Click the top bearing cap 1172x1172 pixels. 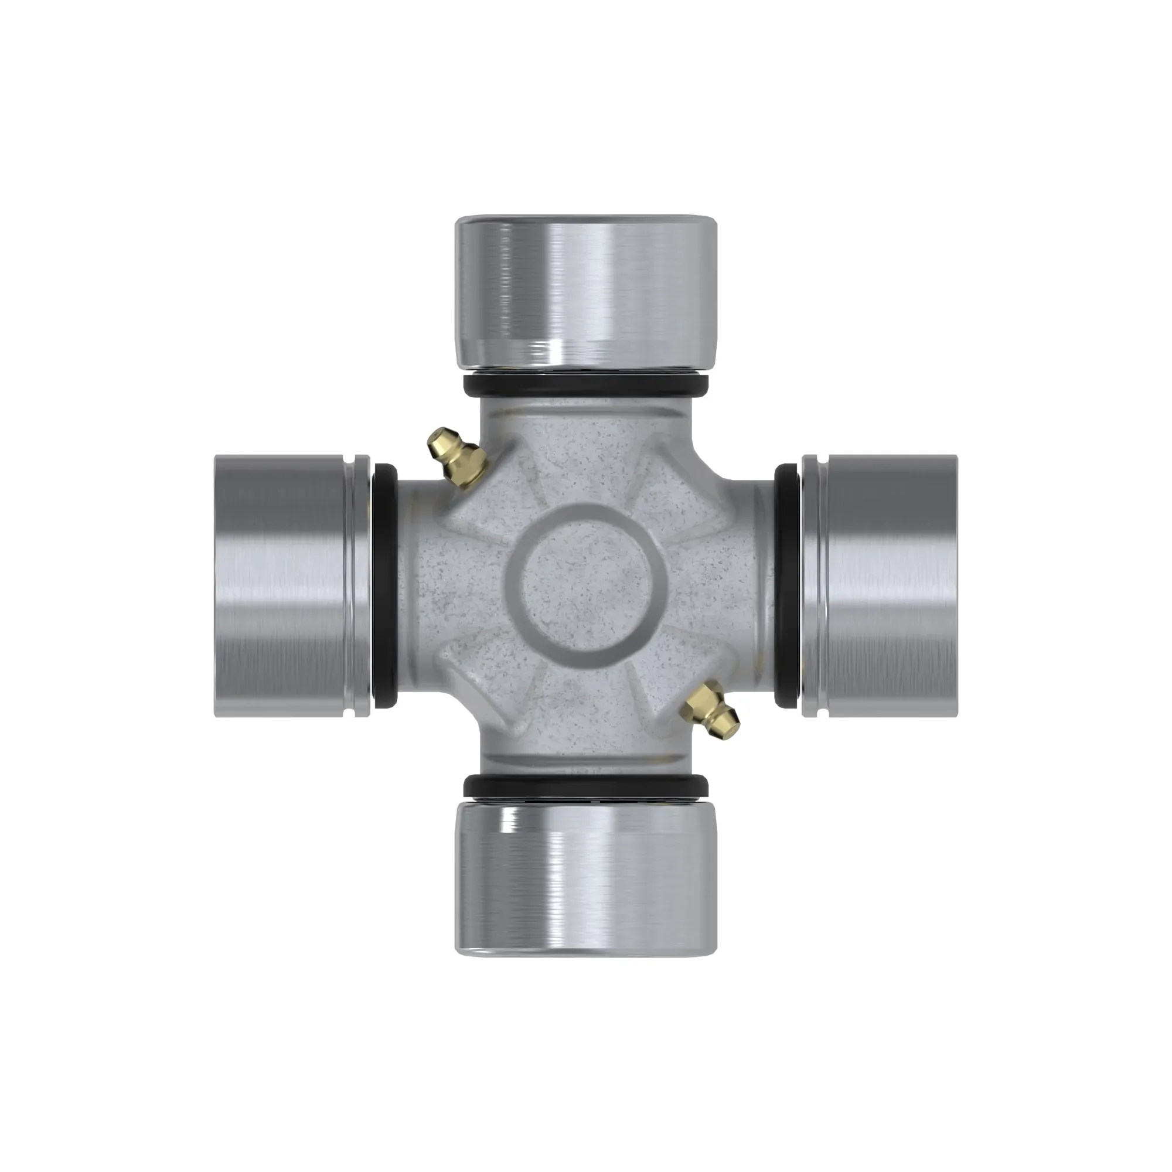(586, 291)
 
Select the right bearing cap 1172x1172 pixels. (880, 585)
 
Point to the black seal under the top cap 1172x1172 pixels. (586, 386)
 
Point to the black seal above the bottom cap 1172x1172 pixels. (586, 787)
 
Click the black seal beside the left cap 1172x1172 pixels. (384, 585)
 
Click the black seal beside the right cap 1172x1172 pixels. (788, 585)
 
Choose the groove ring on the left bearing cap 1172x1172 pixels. (360, 585)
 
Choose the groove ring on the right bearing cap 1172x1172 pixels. (813, 585)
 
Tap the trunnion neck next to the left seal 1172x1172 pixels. (415, 585)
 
